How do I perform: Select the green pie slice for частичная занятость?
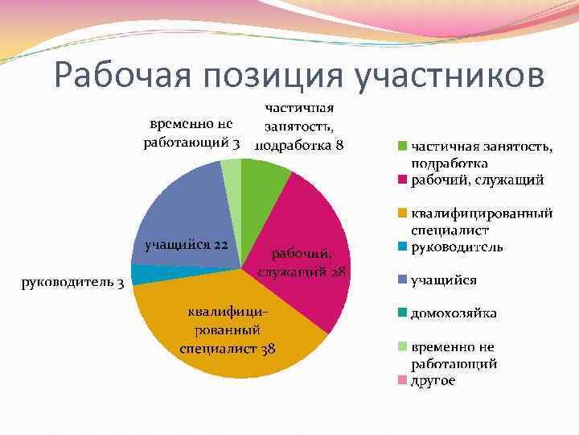262,179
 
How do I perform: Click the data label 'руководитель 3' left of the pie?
72,282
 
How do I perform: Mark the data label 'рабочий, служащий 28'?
302,263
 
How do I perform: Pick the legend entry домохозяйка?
454,313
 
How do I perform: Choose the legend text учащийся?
443,280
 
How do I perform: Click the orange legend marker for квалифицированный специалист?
400,214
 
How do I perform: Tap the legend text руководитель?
457,246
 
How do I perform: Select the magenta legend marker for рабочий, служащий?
400,180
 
